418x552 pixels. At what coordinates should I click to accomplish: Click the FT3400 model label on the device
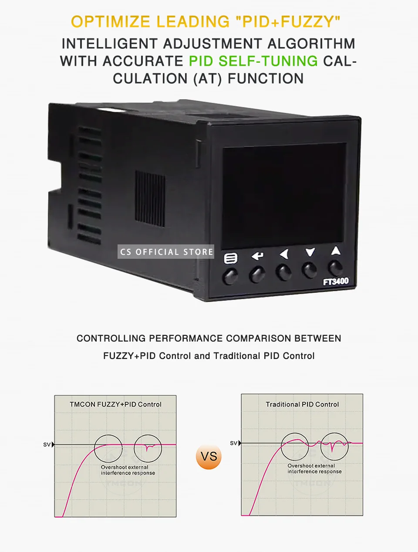(x=335, y=281)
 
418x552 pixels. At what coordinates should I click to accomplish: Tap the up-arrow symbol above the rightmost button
(x=335, y=251)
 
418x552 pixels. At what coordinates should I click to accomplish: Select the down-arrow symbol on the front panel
(x=310, y=252)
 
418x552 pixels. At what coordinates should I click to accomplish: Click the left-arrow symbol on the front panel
(x=284, y=254)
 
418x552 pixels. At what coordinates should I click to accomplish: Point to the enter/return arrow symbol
(x=257, y=256)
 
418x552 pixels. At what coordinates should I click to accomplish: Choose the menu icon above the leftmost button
(x=230, y=258)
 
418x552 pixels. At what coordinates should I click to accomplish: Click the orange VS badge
(x=209, y=457)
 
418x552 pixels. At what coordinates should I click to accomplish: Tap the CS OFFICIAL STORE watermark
(x=166, y=252)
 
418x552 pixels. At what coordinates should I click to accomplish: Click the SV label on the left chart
(x=47, y=445)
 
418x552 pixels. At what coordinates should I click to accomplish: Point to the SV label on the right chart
(x=233, y=443)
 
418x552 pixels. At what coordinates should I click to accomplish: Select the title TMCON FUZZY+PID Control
(x=115, y=404)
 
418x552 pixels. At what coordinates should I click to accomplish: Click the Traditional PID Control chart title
(x=302, y=404)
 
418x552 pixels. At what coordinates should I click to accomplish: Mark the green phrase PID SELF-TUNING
(x=253, y=61)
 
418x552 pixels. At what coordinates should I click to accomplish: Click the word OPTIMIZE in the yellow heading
(x=110, y=22)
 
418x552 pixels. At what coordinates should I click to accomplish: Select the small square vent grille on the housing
(x=150, y=198)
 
